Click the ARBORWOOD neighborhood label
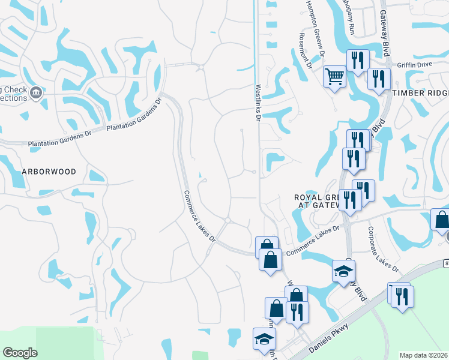point(49,172)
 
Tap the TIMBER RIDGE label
point(420,94)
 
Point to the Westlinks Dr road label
point(258,102)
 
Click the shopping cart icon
point(334,76)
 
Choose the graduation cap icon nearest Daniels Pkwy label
point(264,338)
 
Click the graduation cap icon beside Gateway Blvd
point(343,271)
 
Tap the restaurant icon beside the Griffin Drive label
point(379,79)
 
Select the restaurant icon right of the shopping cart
point(357,61)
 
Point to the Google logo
point(20,353)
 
